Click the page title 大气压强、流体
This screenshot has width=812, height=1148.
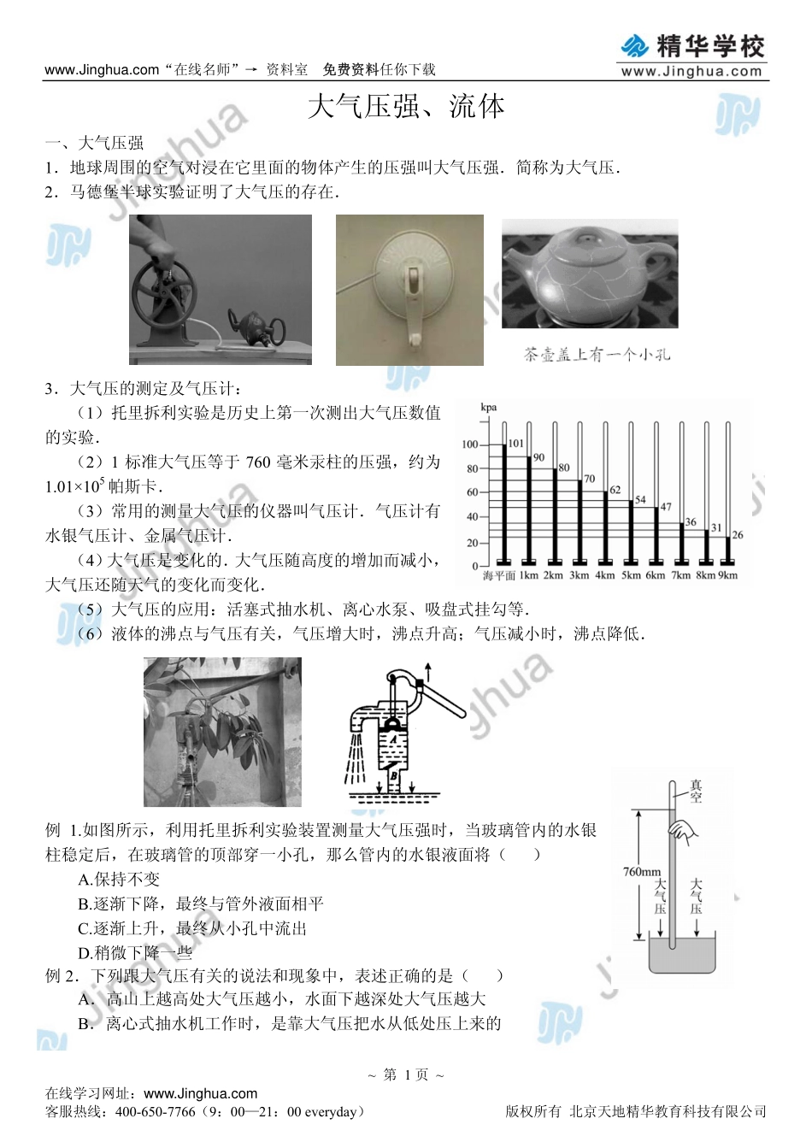(x=406, y=108)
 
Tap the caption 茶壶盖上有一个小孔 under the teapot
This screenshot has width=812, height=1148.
(x=597, y=354)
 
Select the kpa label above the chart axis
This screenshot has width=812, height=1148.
(x=489, y=408)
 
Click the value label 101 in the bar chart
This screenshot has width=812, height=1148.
(x=515, y=444)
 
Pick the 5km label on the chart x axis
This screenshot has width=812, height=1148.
(x=631, y=575)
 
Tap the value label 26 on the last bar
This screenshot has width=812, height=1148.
(x=737, y=535)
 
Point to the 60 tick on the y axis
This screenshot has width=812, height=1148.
(x=472, y=492)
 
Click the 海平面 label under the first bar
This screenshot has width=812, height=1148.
(x=499, y=575)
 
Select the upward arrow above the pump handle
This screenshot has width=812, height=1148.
(x=427, y=672)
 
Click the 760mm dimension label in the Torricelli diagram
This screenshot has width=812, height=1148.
(x=641, y=872)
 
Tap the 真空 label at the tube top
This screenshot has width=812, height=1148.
(x=696, y=792)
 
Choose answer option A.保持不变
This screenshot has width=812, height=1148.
(x=119, y=880)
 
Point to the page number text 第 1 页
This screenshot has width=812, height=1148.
(x=406, y=1074)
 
